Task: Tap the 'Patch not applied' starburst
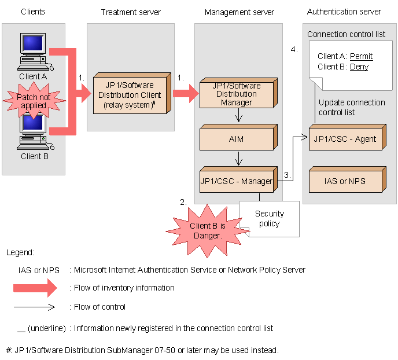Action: click(x=34, y=102)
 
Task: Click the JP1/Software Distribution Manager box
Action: click(x=236, y=94)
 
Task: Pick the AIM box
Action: click(x=236, y=139)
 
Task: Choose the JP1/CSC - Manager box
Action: click(x=236, y=181)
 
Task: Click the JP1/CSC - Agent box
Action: click(x=345, y=139)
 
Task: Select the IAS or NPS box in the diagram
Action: click(x=345, y=181)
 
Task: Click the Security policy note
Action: click(x=270, y=219)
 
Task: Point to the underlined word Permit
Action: click(x=362, y=56)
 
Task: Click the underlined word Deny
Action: click(x=359, y=67)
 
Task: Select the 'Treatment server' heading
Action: click(x=131, y=12)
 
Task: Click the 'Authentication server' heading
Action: click(x=344, y=12)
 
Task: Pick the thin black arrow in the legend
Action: click(x=35, y=307)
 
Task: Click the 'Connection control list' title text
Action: click(x=346, y=34)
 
